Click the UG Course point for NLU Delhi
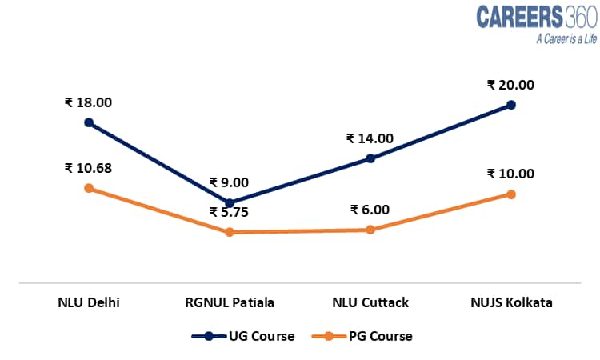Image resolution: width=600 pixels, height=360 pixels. pyautogui.click(x=89, y=122)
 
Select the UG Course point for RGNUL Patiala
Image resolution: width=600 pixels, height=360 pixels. pyautogui.click(x=230, y=203)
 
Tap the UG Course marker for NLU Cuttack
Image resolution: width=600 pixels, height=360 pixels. pyautogui.click(x=370, y=158)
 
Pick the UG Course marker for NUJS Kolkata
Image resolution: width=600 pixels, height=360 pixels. pyautogui.click(x=511, y=105)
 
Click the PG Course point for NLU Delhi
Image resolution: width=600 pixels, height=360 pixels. pyautogui.click(x=89, y=188)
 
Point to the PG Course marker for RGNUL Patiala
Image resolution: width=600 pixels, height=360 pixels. pyautogui.click(x=230, y=232)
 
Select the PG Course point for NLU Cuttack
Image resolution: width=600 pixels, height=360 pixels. pyautogui.click(x=370, y=230)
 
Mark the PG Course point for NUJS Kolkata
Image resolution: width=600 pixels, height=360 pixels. pyautogui.click(x=511, y=194)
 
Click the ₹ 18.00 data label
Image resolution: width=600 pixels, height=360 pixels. pyautogui.click(x=89, y=102)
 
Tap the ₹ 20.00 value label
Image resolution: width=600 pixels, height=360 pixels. pyautogui.click(x=511, y=85)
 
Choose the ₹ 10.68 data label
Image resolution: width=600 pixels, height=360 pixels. pyautogui.click(x=89, y=168)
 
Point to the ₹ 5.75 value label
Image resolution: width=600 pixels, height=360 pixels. pyautogui.click(x=230, y=213)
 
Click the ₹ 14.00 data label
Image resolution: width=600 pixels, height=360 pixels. pyautogui.click(x=370, y=138)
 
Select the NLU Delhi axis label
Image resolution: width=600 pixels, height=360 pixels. pyautogui.click(x=89, y=302)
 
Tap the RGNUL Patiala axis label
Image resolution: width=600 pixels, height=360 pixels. pyautogui.click(x=230, y=302)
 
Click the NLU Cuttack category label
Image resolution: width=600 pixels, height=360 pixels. pyautogui.click(x=370, y=302)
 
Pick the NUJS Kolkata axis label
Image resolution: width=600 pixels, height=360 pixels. pyautogui.click(x=511, y=302)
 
